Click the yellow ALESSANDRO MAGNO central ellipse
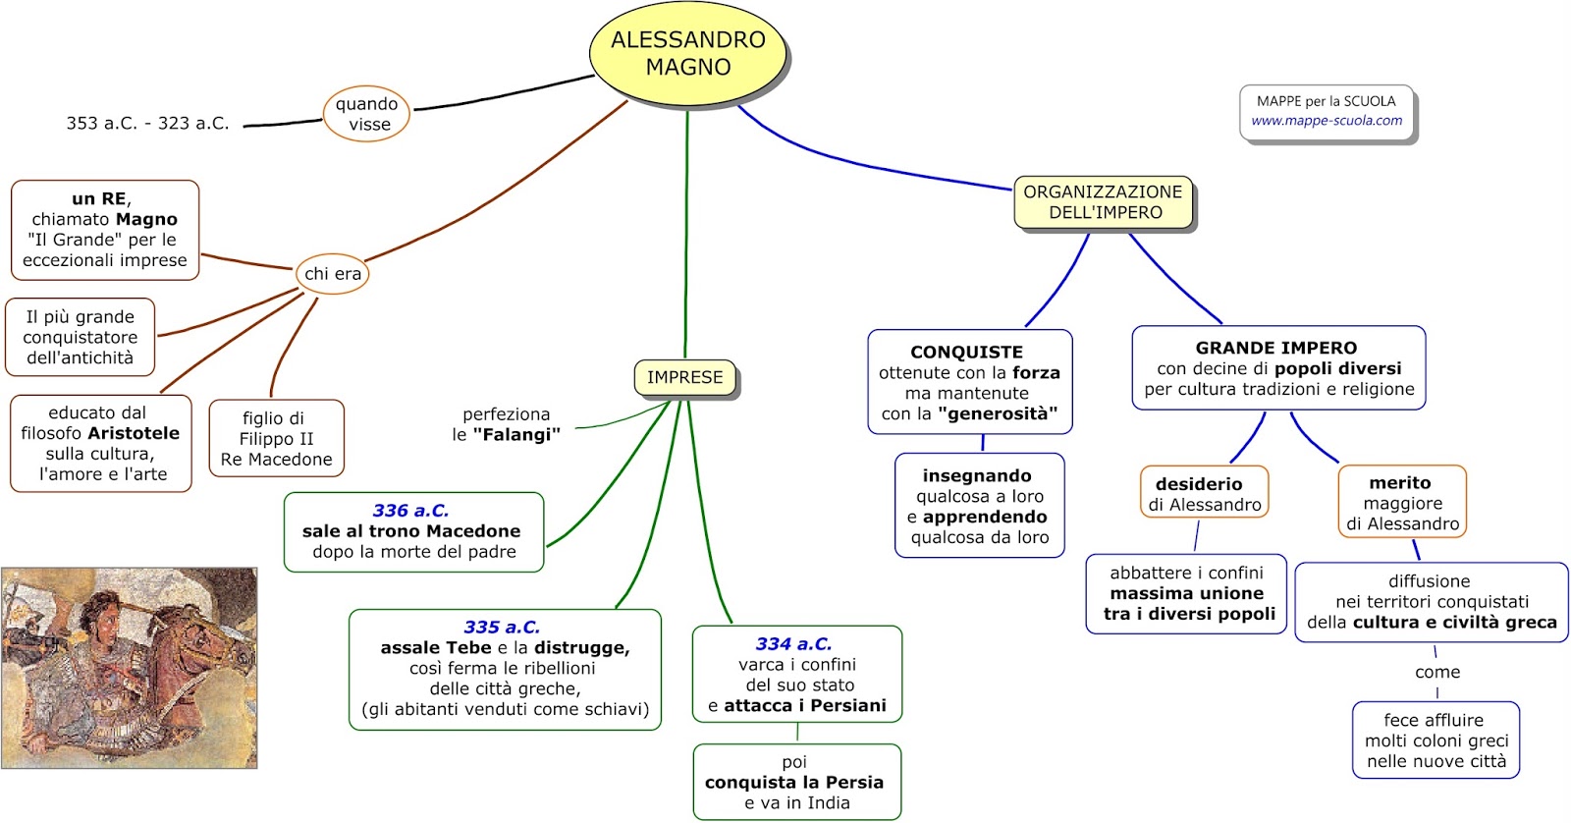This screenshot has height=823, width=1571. point(688,54)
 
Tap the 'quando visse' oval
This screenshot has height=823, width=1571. point(366,114)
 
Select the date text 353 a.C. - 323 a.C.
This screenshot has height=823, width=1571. point(147,124)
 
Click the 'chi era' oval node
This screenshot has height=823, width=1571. point(333,274)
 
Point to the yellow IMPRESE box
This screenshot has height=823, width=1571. point(684,377)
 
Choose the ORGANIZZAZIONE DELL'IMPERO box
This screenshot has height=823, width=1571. point(1103,202)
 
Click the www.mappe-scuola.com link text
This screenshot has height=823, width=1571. point(1327,121)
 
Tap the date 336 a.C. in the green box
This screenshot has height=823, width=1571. point(410,511)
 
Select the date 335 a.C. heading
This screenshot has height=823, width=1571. point(502,627)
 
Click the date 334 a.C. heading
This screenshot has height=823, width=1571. point(793,644)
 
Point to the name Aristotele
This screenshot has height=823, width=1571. point(135,433)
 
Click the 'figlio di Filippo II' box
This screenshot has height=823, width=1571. point(276,438)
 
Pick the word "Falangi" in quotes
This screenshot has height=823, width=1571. point(516,435)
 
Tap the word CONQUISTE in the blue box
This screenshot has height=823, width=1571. point(966,352)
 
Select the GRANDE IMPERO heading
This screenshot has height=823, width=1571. point(1275,348)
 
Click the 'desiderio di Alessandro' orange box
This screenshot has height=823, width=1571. point(1204,493)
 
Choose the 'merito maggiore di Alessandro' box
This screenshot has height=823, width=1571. point(1402,503)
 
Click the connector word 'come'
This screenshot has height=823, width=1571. point(1437,673)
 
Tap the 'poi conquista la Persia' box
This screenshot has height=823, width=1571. point(795,782)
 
